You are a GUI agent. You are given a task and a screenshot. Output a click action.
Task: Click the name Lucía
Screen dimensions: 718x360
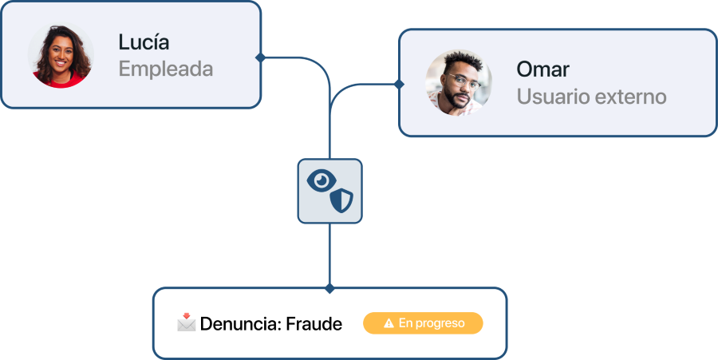pyautogui.click(x=144, y=42)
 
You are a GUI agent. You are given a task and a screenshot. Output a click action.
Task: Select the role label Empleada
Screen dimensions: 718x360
pyautogui.click(x=166, y=69)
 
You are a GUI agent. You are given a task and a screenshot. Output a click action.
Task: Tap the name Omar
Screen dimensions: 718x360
pyautogui.click(x=543, y=69)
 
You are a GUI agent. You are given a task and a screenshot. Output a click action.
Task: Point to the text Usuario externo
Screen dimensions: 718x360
pyautogui.click(x=592, y=97)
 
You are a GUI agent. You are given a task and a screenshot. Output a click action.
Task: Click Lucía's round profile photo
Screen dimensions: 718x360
pyautogui.click(x=61, y=55)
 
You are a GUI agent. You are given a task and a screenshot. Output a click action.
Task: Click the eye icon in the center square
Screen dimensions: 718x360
pyautogui.click(x=322, y=180)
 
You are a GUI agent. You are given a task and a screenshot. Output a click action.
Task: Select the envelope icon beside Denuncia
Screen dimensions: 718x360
pyautogui.click(x=187, y=322)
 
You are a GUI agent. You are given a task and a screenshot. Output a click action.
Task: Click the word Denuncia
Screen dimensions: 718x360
pyautogui.click(x=241, y=324)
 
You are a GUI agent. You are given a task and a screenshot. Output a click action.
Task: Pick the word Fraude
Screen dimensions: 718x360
pyautogui.click(x=314, y=324)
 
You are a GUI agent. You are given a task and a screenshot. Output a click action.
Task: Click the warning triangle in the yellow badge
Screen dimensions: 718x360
pyautogui.click(x=389, y=323)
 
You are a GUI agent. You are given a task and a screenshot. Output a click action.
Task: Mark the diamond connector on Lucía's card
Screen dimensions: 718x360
pyautogui.click(x=261, y=57)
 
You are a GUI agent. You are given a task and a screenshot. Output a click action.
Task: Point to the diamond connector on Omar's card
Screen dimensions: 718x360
pyautogui.click(x=400, y=85)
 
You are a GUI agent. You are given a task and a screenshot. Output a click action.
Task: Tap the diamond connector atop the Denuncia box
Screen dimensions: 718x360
pyautogui.click(x=329, y=288)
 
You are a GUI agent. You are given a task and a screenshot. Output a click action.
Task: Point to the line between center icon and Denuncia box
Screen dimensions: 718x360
pyautogui.click(x=329, y=254)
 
